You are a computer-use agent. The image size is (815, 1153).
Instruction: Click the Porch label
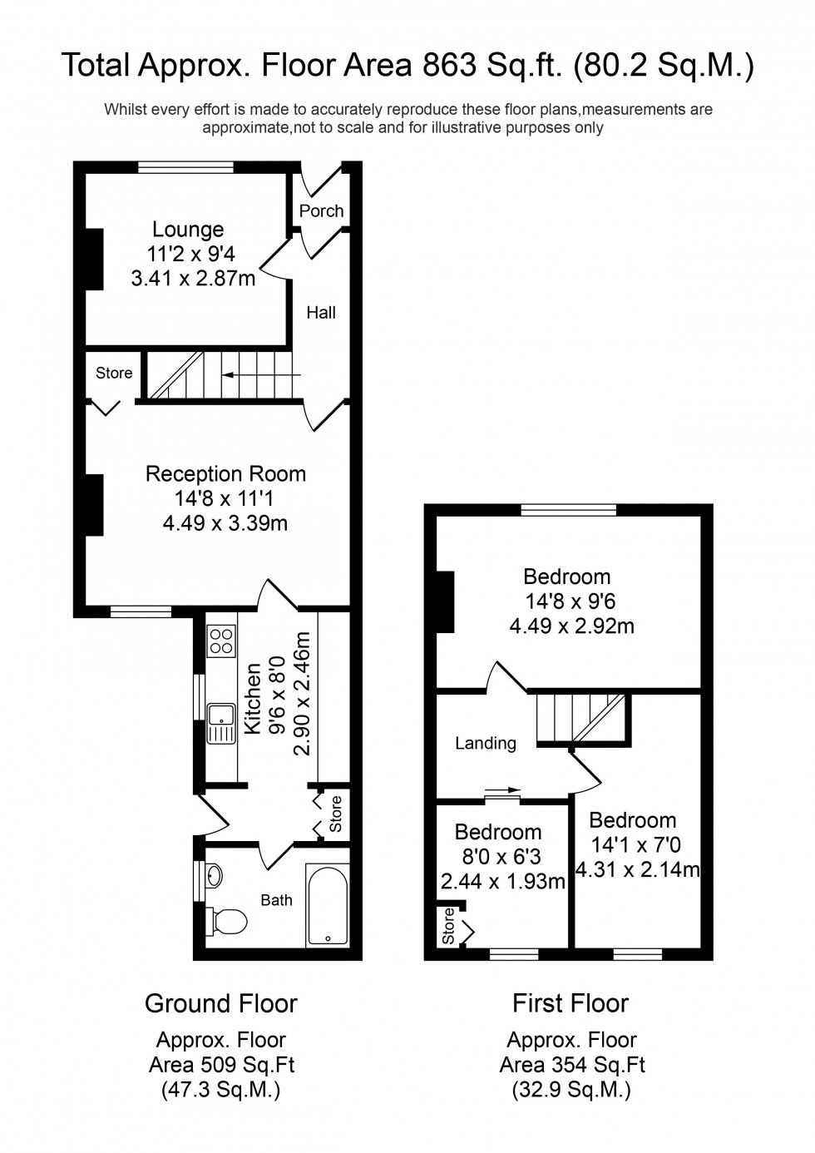[321, 210]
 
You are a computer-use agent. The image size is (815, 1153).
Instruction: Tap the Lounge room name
[188, 229]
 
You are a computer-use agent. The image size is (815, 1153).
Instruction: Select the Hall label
[321, 313]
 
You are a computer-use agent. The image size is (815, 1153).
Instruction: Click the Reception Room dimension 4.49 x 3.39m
[225, 522]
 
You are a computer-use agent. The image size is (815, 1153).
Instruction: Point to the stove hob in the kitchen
[221, 640]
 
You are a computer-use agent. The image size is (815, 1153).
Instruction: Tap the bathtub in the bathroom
[327, 904]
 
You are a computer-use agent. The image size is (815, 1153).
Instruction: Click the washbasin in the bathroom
[214, 875]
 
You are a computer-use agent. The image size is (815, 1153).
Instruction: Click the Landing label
[486, 743]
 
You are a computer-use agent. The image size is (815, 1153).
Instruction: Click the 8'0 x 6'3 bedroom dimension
[498, 857]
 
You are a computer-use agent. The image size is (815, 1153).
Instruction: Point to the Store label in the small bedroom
[448, 925]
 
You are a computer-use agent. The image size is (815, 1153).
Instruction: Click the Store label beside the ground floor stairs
[114, 373]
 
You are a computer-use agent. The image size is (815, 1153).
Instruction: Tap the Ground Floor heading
[220, 1003]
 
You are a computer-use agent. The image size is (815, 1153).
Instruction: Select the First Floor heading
[570, 1003]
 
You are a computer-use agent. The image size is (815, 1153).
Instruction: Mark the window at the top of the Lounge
[186, 167]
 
